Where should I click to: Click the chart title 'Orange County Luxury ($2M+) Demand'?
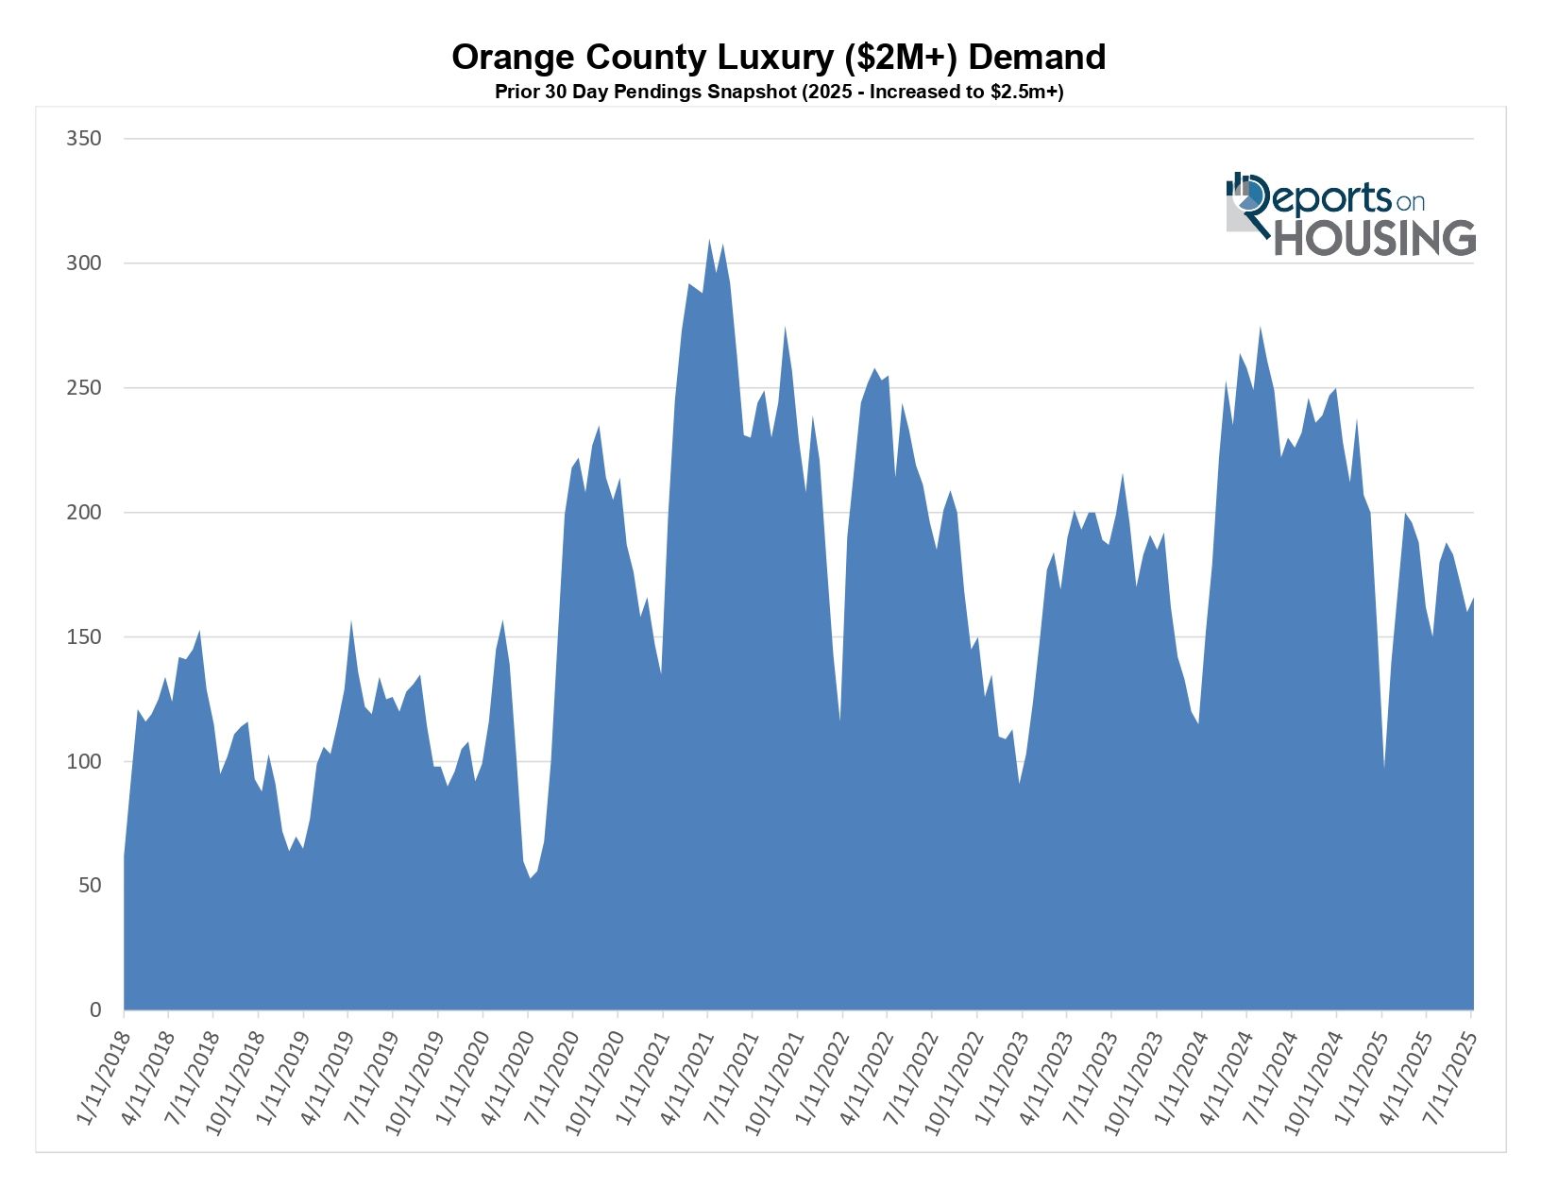(778, 58)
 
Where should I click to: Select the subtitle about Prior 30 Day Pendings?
(778, 93)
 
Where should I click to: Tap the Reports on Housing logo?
(1350, 214)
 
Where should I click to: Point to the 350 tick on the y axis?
(83, 139)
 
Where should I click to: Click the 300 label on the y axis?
(83, 263)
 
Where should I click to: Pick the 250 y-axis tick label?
(83, 388)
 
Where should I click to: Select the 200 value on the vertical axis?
(83, 513)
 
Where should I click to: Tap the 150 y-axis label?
(83, 637)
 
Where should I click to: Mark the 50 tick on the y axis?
(89, 886)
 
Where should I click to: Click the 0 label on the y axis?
(94, 1010)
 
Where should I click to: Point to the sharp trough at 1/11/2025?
(1384, 767)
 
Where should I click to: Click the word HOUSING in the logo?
(1375, 238)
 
